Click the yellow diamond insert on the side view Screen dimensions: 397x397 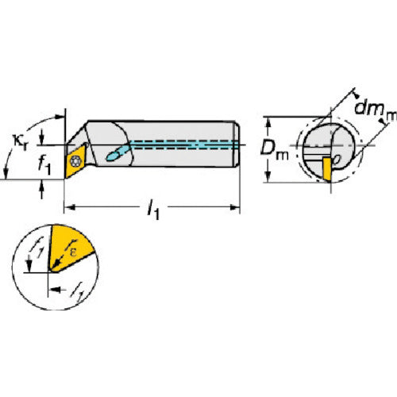click(78, 160)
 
